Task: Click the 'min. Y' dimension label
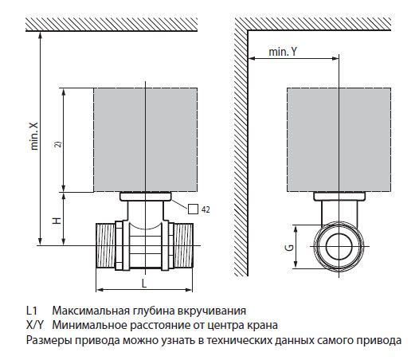[284, 50]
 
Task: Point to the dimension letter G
[292, 248]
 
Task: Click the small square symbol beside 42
[194, 209]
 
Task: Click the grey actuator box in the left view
[146, 139]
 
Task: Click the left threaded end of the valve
[107, 246]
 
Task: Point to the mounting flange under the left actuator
[146, 196]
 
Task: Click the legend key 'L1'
[31, 310]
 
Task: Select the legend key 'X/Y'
[36, 325]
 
